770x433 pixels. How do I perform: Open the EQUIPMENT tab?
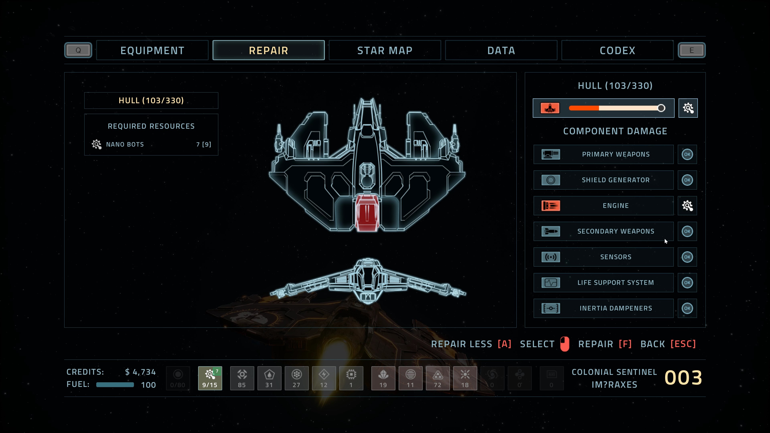pyautogui.click(x=152, y=50)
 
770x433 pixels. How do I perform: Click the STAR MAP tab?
pyautogui.click(x=385, y=50)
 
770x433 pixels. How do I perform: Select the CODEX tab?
pyautogui.click(x=617, y=50)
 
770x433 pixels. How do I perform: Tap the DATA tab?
pyautogui.click(x=501, y=50)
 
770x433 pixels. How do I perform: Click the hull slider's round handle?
pyautogui.click(x=661, y=108)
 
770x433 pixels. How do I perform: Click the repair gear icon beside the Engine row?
pyautogui.click(x=687, y=206)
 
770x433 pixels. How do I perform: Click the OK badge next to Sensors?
pyautogui.click(x=687, y=257)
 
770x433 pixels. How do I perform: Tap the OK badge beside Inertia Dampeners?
pyautogui.click(x=687, y=308)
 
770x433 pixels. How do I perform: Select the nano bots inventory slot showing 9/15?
pyautogui.click(x=210, y=378)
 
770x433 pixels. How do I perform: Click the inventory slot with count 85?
pyautogui.click(x=242, y=378)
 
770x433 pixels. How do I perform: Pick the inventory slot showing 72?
pyautogui.click(x=438, y=378)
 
